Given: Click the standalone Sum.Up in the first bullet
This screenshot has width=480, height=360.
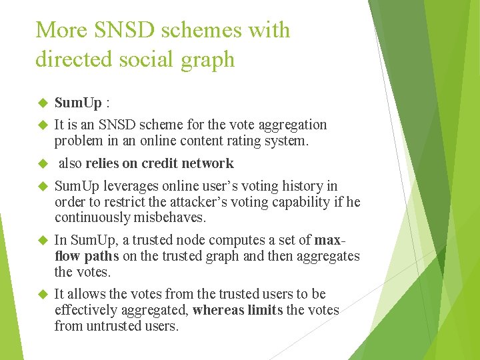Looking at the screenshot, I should tap(78, 103).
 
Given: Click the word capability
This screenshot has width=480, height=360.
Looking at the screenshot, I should tap(298, 202).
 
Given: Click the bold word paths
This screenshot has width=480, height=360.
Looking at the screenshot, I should tap(101, 256).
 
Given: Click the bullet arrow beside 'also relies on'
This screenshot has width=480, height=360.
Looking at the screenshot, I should tap(42, 164).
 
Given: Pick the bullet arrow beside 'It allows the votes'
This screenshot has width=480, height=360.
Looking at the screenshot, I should tap(42, 295).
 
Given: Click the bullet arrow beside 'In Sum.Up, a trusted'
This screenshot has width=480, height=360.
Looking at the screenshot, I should tap(42, 240).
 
